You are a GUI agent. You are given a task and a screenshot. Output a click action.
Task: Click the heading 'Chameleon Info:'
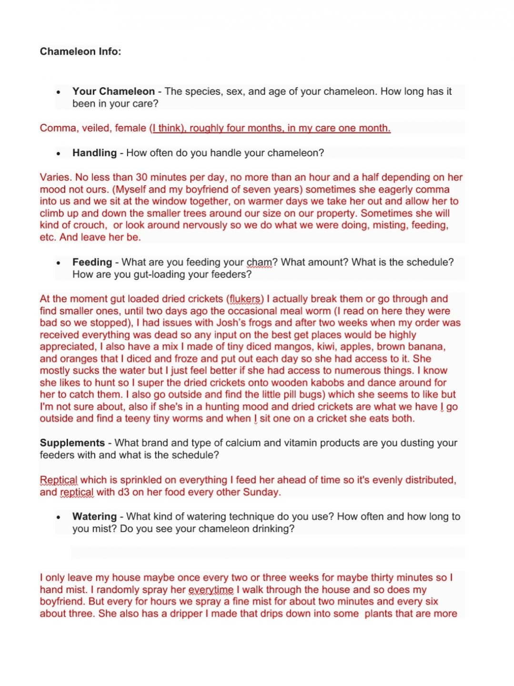pos(81,51)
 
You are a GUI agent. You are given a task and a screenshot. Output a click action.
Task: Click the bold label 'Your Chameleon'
pos(113,91)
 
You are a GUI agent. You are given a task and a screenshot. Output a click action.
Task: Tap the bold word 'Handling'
pos(94,153)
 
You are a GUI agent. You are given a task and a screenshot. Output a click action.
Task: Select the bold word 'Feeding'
pos(92,262)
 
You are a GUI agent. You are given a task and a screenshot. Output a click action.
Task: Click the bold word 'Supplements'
pos(72,443)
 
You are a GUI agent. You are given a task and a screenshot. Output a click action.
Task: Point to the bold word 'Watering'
pos(94,516)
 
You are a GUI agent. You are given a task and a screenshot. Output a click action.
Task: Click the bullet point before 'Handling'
pos(58,154)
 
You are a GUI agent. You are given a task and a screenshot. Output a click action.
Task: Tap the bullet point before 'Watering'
pos(58,517)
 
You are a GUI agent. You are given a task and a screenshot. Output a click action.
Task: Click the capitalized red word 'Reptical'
pos(59,480)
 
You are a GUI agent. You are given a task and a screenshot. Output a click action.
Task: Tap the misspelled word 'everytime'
pos(211,590)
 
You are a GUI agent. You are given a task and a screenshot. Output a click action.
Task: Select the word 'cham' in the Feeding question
pos(259,262)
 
